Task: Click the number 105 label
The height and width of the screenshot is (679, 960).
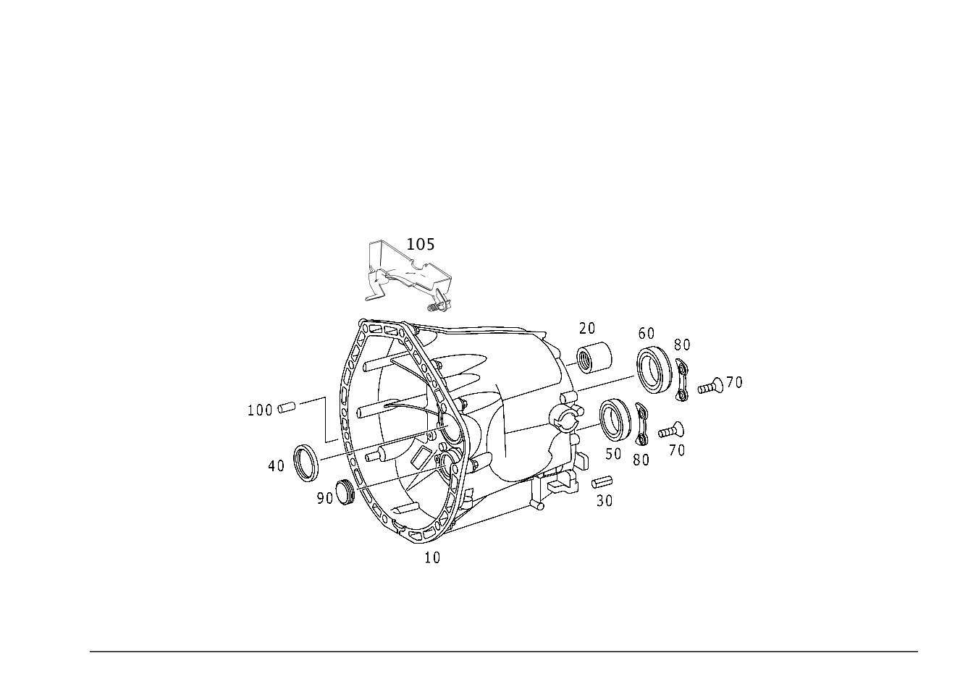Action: point(421,244)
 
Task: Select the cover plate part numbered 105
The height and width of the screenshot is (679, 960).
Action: point(407,274)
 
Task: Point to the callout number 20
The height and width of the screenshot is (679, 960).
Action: point(587,328)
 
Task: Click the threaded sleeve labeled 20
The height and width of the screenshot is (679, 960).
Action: point(594,358)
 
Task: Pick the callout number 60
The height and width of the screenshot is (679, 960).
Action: point(647,333)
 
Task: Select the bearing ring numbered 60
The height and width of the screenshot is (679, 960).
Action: point(654,370)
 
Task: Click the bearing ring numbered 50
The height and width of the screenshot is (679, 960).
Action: point(615,418)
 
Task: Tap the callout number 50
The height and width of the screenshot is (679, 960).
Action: point(613,454)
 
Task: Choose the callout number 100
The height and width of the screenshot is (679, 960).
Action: point(260,410)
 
